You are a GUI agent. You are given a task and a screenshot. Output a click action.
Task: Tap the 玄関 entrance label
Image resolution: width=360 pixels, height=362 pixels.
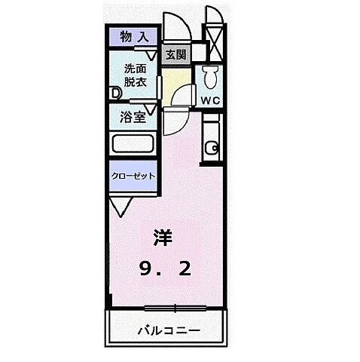click(175, 54)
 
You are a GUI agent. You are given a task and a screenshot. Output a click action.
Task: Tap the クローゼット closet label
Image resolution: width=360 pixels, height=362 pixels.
click(134, 175)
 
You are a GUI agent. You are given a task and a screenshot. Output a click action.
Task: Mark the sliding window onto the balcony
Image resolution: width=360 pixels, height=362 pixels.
click(175, 306)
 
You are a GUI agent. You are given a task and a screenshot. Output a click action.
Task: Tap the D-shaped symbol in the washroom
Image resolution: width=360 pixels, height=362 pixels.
click(115, 93)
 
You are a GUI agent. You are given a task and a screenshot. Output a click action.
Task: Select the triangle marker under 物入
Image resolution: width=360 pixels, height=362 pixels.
click(152, 54)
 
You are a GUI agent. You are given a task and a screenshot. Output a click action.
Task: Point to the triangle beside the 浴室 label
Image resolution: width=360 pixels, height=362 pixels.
click(152, 110)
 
